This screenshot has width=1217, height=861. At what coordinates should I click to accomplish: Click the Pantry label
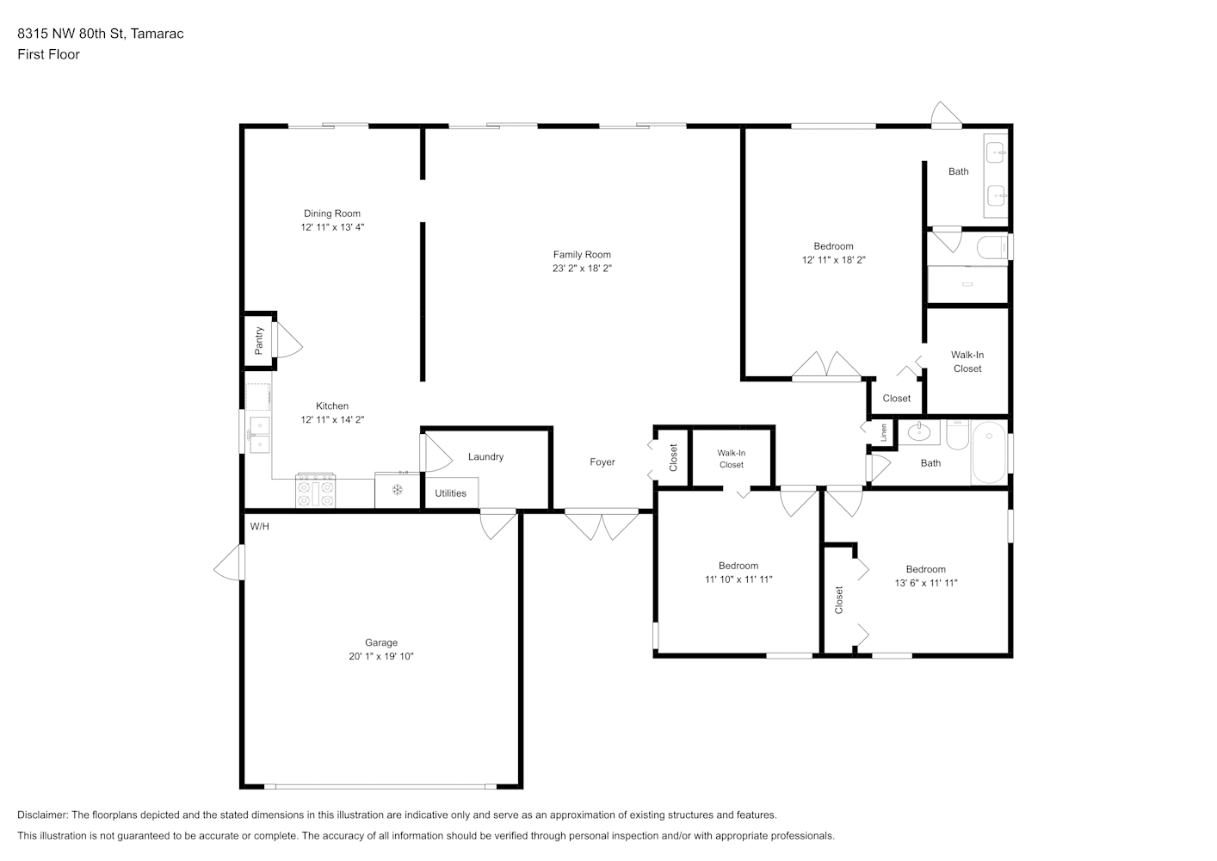tap(259, 341)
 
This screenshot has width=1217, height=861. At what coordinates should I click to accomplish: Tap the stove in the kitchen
tap(315, 492)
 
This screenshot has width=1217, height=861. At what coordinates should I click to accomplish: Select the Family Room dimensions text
tap(582, 268)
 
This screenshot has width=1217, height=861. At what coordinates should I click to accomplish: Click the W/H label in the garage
tap(260, 526)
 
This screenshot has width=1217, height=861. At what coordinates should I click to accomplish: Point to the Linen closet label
tap(883, 433)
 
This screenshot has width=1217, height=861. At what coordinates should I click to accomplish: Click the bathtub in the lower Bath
tap(990, 452)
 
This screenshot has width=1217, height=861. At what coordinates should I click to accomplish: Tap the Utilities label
tap(450, 493)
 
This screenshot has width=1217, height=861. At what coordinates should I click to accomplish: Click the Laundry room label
tap(485, 456)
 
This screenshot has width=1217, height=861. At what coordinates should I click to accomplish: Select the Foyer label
tap(602, 462)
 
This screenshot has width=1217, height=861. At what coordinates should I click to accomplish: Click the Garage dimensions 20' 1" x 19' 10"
tap(381, 656)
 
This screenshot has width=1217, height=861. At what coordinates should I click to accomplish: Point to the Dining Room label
tap(332, 214)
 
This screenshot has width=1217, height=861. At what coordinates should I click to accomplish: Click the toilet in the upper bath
tap(992, 247)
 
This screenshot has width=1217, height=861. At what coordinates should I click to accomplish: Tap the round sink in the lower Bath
tap(918, 433)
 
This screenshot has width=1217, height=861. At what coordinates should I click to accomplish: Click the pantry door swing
tap(288, 340)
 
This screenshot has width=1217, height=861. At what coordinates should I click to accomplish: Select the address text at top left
tap(101, 34)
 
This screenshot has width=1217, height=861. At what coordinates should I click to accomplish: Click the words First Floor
tap(48, 54)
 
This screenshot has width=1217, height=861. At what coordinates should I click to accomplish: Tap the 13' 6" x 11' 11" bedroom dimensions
tap(926, 583)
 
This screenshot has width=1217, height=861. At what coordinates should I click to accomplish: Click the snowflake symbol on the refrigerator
tap(397, 490)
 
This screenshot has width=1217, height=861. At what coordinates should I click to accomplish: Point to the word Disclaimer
tap(42, 815)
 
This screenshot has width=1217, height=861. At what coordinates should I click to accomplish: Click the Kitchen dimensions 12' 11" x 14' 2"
tap(332, 419)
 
